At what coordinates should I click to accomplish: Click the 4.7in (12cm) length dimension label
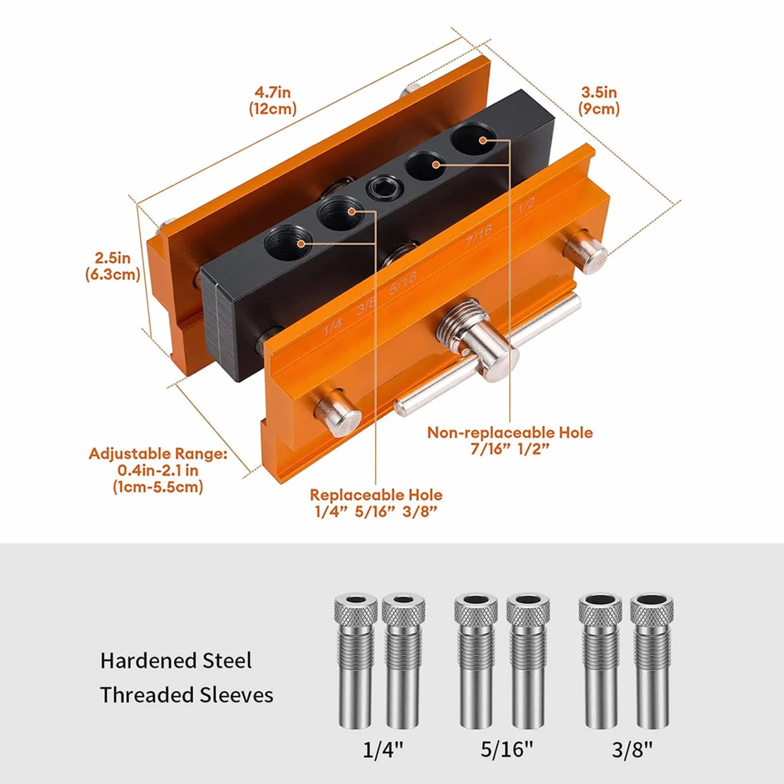(x=273, y=100)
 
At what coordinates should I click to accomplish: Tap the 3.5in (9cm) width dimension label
(x=599, y=100)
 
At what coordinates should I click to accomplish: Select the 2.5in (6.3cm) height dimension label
(x=112, y=266)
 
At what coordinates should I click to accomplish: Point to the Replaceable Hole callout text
(x=376, y=503)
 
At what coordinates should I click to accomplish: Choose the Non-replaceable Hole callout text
(x=510, y=440)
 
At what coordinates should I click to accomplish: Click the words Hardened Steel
(x=176, y=661)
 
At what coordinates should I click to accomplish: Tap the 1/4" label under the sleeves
(x=383, y=750)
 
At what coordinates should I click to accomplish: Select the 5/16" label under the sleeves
(x=507, y=750)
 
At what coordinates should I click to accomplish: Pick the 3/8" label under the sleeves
(x=632, y=750)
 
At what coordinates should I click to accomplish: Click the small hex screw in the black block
(x=382, y=188)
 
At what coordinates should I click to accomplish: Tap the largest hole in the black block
(x=474, y=138)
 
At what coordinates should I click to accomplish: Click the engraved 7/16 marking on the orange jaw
(x=479, y=235)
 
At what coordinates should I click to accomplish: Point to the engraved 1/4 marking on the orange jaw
(x=332, y=326)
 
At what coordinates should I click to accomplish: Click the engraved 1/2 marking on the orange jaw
(x=526, y=205)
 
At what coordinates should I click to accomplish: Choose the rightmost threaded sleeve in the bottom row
(x=652, y=662)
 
